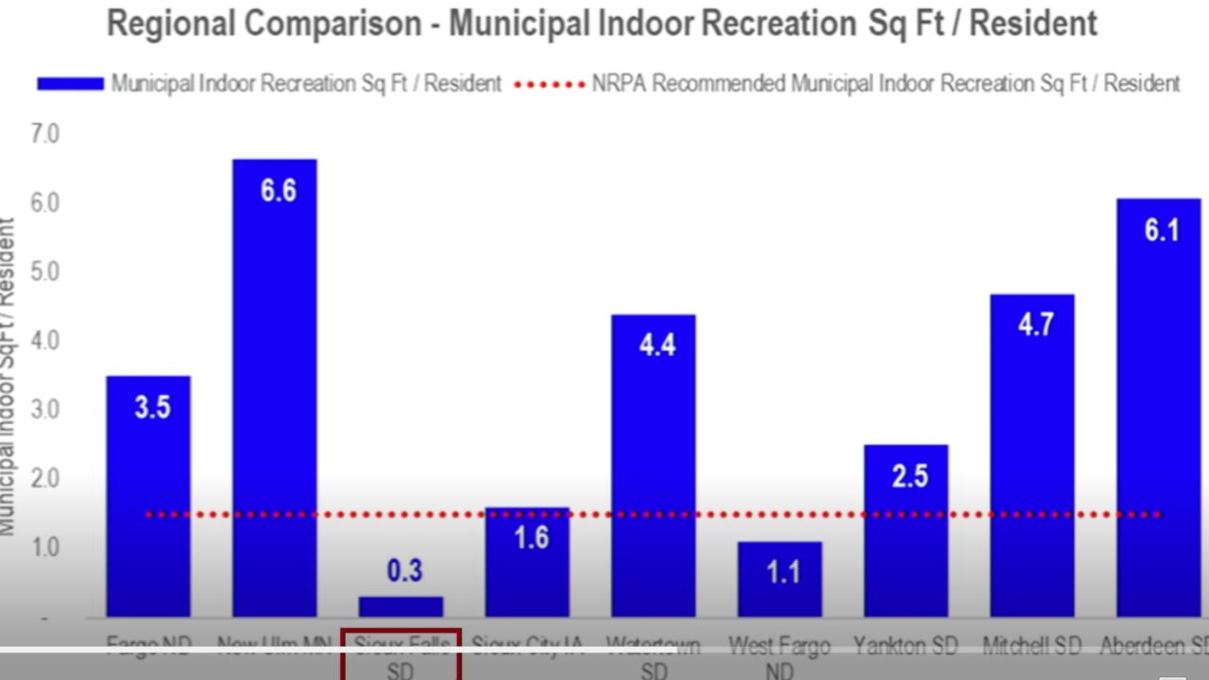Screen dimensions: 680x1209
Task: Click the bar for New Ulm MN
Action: coord(275,397)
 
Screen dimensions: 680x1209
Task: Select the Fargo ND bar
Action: coord(148,501)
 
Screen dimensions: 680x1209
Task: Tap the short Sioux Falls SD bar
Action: coord(400,606)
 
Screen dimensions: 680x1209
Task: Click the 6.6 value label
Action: coord(279,191)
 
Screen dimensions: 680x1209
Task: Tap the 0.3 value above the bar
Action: coord(404,571)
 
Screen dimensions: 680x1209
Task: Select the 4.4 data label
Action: coord(656,345)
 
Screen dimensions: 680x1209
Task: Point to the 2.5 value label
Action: coord(910,475)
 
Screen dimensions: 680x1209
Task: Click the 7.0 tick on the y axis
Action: coord(44,134)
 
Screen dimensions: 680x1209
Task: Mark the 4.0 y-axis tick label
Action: coord(44,340)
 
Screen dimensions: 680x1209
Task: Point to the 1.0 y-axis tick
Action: coord(44,547)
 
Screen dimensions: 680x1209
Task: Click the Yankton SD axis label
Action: coord(905,646)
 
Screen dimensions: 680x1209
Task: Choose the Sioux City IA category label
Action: coord(526,646)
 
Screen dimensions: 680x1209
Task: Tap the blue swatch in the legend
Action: coord(70,84)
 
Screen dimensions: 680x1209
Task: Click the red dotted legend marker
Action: coord(550,84)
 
